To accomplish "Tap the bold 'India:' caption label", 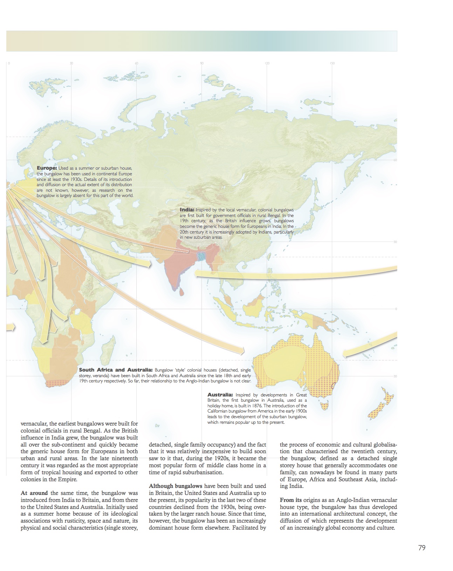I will pyautogui.click(x=187, y=210).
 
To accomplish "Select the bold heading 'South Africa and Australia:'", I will pyautogui.click(x=116, y=370).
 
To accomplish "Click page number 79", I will pyautogui.click(x=422, y=548).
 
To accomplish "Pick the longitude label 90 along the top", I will pyautogui.click(x=202, y=63).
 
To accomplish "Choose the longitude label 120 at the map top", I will pyautogui.click(x=267, y=63).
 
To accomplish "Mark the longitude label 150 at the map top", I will pyautogui.click(x=332, y=63).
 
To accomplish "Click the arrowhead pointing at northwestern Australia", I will pyautogui.click(x=241, y=350).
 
